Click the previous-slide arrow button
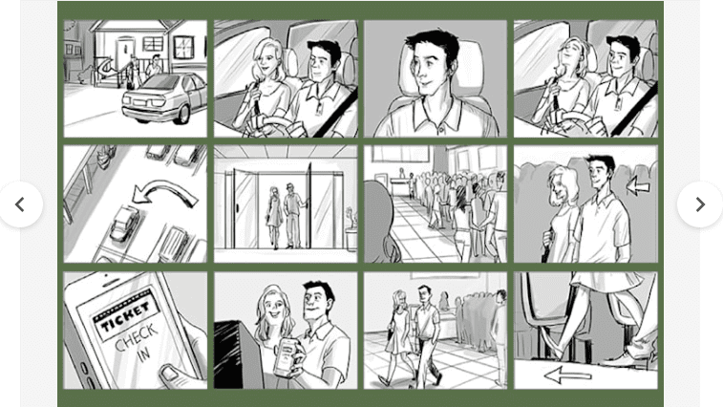20,204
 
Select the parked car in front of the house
164,96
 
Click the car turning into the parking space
123,226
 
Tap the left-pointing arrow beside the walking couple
637,185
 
